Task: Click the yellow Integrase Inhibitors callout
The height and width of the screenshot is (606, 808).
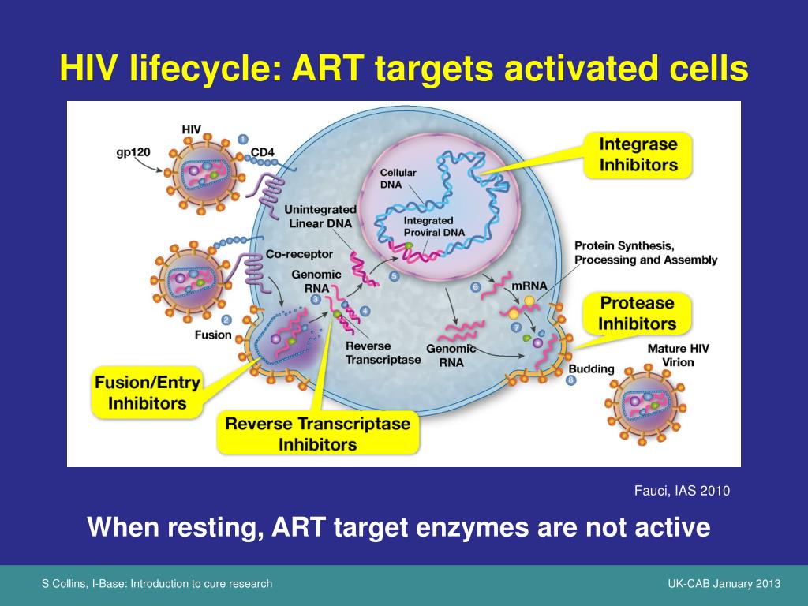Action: click(x=638, y=155)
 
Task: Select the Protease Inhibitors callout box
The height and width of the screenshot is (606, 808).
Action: click(x=637, y=313)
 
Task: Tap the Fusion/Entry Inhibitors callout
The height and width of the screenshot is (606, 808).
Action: click(x=147, y=393)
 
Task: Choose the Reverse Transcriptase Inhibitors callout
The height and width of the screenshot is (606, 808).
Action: click(x=318, y=433)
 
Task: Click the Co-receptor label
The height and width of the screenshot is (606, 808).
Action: click(x=299, y=255)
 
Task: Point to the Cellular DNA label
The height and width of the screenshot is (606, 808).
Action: click(x=398, y=178)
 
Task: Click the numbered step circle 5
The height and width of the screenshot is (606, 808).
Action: click(x=394, y=276)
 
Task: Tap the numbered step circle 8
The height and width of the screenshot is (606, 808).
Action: click(x=571, y=380)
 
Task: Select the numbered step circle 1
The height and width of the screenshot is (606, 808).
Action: click(x=243, y=140)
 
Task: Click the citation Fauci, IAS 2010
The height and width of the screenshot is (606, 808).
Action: click(x=682, y=491)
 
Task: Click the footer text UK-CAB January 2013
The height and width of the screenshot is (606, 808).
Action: click(x=724, y=584)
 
